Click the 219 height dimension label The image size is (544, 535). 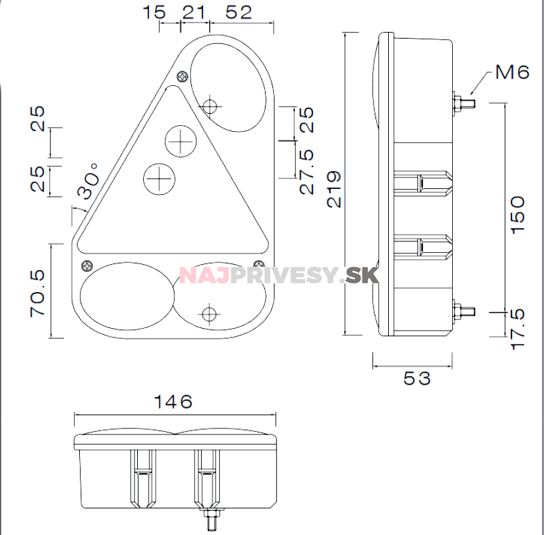click(334, 189)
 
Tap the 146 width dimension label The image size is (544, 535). click(172, 401)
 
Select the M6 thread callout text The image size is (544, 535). click(512, 72)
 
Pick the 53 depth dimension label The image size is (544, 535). click(417, 378)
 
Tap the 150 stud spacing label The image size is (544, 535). click(518, 215)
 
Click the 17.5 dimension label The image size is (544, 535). click(518, 329)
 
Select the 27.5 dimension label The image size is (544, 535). click(307, 172)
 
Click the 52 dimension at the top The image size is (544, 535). click(238, 12)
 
